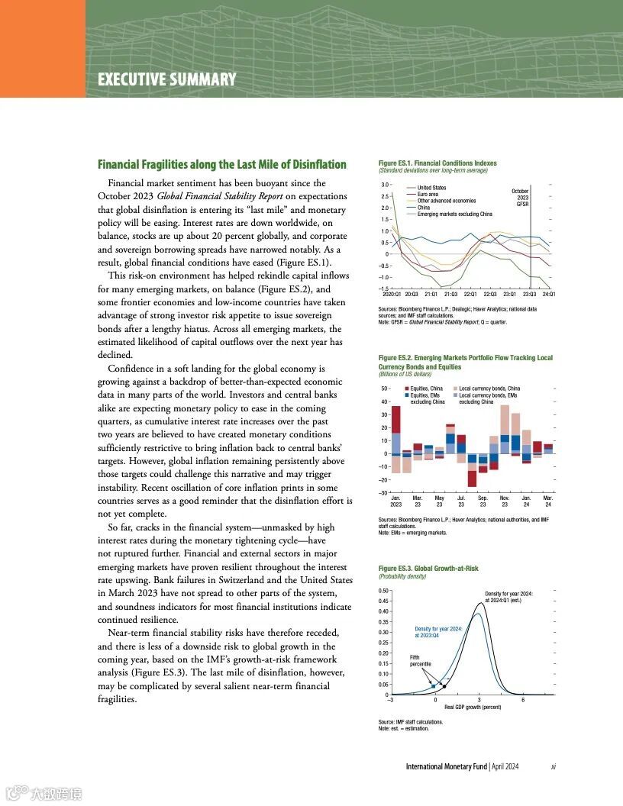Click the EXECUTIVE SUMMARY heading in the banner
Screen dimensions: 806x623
(166, 79)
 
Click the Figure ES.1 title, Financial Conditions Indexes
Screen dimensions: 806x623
(437, 163)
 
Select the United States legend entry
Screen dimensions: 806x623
(431, 188)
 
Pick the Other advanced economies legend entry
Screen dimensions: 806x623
(446, 201)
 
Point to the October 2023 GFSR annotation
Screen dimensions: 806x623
(521, 197)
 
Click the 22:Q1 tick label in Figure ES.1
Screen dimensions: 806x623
(470, 294)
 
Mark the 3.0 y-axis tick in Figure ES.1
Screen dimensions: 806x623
(386, 185)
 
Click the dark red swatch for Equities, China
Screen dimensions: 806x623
(407, 389)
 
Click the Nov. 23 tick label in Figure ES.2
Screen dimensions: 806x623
(505, 501)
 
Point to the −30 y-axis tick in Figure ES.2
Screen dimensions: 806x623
(385, 493)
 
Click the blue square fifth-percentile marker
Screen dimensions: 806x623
(433, 686)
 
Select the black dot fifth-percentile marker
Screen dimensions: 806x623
(444, 686)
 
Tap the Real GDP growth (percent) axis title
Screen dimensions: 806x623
(473, 708)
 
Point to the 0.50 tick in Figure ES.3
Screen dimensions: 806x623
(385, 591)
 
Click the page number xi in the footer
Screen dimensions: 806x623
(553, 766)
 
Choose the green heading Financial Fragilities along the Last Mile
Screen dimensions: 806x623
(221, 165)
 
